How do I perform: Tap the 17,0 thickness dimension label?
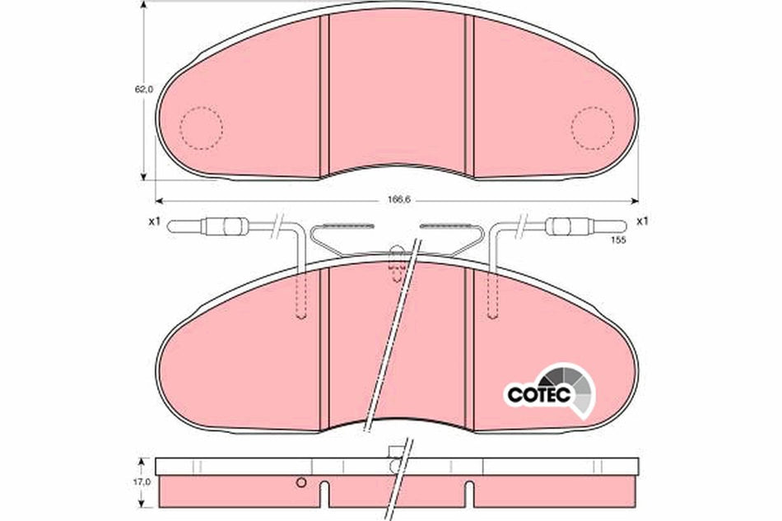click(144, 481)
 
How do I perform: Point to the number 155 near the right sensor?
click(618, 240)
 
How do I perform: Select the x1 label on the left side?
click(153, 221)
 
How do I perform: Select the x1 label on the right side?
click(643, 221)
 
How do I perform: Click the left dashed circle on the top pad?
click(202, 128)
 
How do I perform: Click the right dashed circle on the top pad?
click(593, 128)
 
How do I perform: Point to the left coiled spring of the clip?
click(344, 225)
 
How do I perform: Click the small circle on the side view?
click(301, 482)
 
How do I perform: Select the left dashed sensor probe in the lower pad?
click(300, 292)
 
